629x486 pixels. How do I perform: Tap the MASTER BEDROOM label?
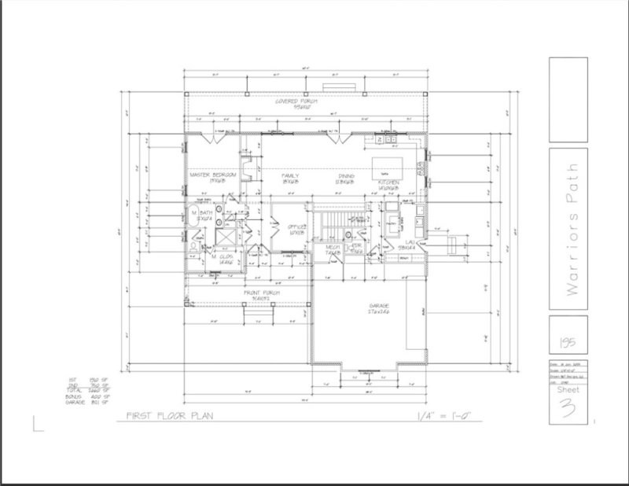click(x=209, y=177)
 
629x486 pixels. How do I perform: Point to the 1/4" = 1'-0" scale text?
click(x=443, y=419)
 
